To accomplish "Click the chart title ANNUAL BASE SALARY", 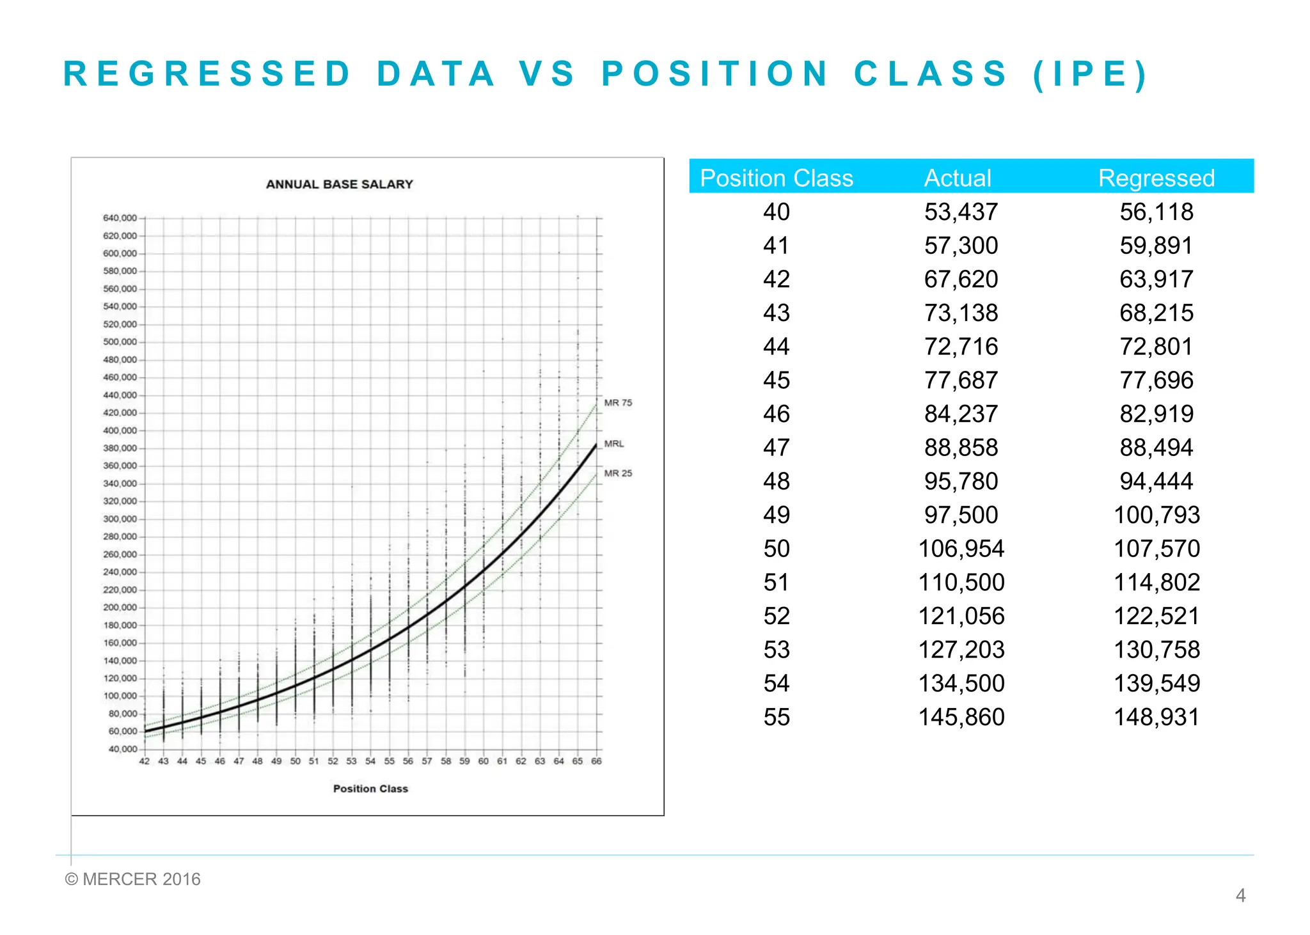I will [339, 184].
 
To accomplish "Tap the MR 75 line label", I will [618, 403].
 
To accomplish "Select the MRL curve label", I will [614, 443].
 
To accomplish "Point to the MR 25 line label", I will [618, 473].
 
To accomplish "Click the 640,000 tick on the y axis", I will [120, 218].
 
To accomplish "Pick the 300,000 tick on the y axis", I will [120, 519].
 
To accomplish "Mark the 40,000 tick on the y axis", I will [122, 749].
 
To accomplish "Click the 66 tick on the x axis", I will [596, 761].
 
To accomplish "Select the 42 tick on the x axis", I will [145, 761].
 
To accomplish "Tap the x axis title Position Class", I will [370, 789].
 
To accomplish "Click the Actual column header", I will [958, 178].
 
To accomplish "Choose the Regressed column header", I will [1156, 178].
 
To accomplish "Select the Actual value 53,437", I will [961, 212].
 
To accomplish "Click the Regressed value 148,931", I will [1156, 717].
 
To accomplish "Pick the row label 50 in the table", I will [777, 549].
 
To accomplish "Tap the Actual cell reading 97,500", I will [961, 515].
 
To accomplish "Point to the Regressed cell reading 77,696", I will [1156, 380].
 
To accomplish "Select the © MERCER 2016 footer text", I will [133, 879].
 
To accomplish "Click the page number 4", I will [1240, 895].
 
